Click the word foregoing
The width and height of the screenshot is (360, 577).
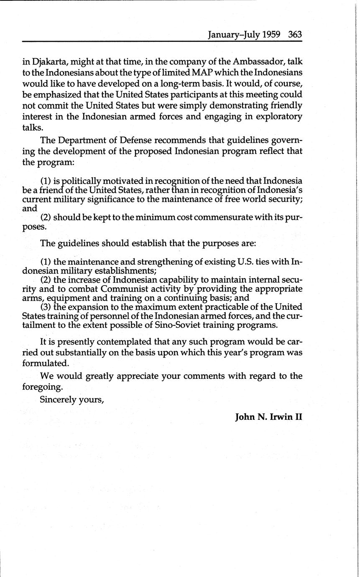[x=42, y=386]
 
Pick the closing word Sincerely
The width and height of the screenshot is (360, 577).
[x=57, y=399]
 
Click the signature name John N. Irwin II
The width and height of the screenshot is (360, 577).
[x=268, y=417]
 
